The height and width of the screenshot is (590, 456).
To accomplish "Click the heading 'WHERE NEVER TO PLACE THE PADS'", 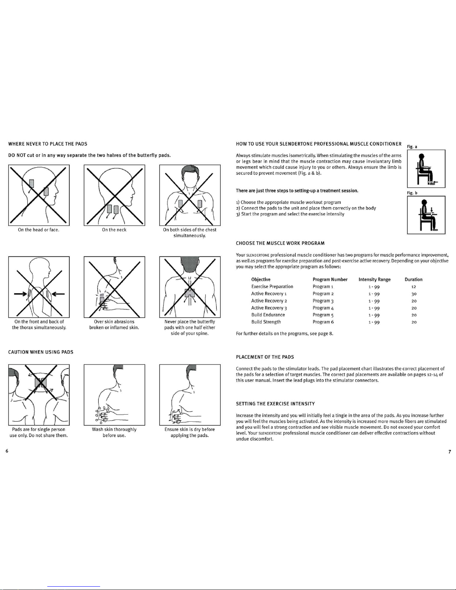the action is click(48, 144).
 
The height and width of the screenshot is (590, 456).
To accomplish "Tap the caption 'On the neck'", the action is click(114, 230).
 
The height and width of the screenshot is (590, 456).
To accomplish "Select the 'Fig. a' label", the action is click(412, 147).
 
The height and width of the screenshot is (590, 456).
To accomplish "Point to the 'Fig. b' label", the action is click(412, 193).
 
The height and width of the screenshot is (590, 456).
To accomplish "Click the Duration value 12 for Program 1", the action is click(414, 287).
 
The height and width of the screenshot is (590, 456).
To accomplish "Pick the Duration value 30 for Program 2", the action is click(414, 294).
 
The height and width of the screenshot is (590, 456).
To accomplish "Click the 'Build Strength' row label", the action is click(266, 322).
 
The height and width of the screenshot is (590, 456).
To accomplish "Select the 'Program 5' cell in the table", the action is click(323, 315).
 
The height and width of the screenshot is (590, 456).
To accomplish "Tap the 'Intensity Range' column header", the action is click(374, 280).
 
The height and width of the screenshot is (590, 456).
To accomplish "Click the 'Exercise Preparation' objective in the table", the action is click(272, 287).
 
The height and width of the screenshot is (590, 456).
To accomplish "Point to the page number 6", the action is click(7, 451).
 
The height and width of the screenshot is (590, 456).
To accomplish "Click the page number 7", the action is click(450, 452).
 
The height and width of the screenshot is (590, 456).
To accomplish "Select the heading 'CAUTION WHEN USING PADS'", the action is click(41, 352).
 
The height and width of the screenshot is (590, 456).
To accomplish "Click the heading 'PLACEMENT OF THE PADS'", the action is click(265, 357).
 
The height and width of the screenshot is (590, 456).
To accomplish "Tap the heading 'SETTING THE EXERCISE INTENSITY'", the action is click(275, 404).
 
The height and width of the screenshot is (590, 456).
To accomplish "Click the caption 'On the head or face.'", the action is click(39, 230).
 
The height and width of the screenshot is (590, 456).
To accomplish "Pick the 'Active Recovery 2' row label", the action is click(269, 301).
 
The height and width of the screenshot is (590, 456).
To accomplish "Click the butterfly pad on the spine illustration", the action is click(190, 293).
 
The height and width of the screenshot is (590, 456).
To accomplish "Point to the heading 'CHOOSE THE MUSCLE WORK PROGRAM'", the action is click(280, 243).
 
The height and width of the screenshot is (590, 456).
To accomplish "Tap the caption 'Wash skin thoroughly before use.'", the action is click(114, 433).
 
